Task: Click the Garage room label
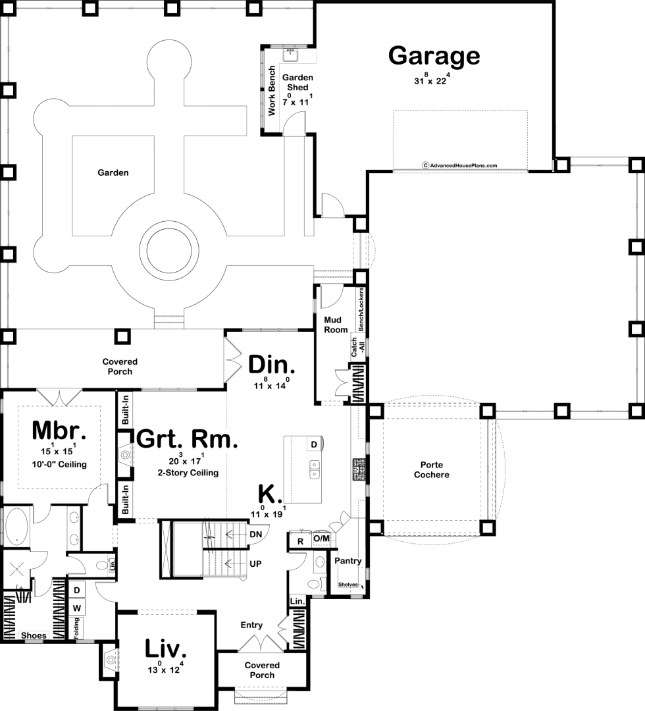coord(434,56)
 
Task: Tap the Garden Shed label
coord(297,82)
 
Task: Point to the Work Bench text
coord(272,91)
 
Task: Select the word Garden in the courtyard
coord(113,172)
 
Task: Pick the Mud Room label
coord(336,325)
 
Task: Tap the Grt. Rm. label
coord(187,439)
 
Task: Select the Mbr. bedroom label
coord(59,431)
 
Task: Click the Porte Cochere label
coord(432,470)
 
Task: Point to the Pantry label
coord(348,561)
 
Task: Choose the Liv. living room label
coord(165,649)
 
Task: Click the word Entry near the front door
coord(251,625)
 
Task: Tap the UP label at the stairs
coord(255,564)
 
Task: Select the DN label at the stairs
coord(255,534)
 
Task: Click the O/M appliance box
coord(322,539)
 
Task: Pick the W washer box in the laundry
coord(77,608)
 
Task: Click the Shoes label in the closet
coord(34,635)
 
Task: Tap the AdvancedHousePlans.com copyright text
coord(459,165)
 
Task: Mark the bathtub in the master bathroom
coord(16,526)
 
